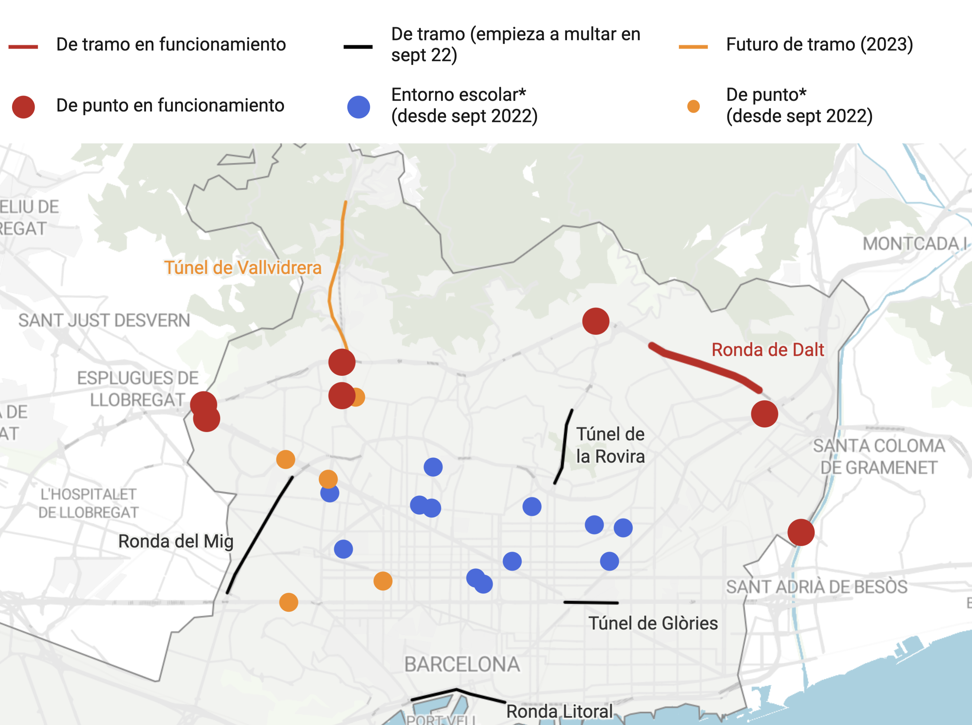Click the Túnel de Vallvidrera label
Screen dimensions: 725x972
(x=243, y=268)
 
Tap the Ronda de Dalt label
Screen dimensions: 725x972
(x=767, y=350)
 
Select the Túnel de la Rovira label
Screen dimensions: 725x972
(x=610, y=445)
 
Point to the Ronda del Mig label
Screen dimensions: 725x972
(x=176, y=541)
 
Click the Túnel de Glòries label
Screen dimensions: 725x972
(x=653, y=623)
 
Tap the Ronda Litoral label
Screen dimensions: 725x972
(x=559, y=711)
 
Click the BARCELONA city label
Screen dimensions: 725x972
(x=462, y=664)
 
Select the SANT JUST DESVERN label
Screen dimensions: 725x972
(x=104, y=321)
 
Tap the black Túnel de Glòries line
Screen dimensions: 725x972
(x=591, y=603)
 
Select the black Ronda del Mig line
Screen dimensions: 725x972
(x=259, y=535)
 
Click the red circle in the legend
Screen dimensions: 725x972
(x=23, y=107)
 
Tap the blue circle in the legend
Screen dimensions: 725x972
(x=358, y=107)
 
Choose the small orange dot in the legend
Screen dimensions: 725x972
(x=693, y=106)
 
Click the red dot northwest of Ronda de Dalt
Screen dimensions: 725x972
(x=595, y=321)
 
